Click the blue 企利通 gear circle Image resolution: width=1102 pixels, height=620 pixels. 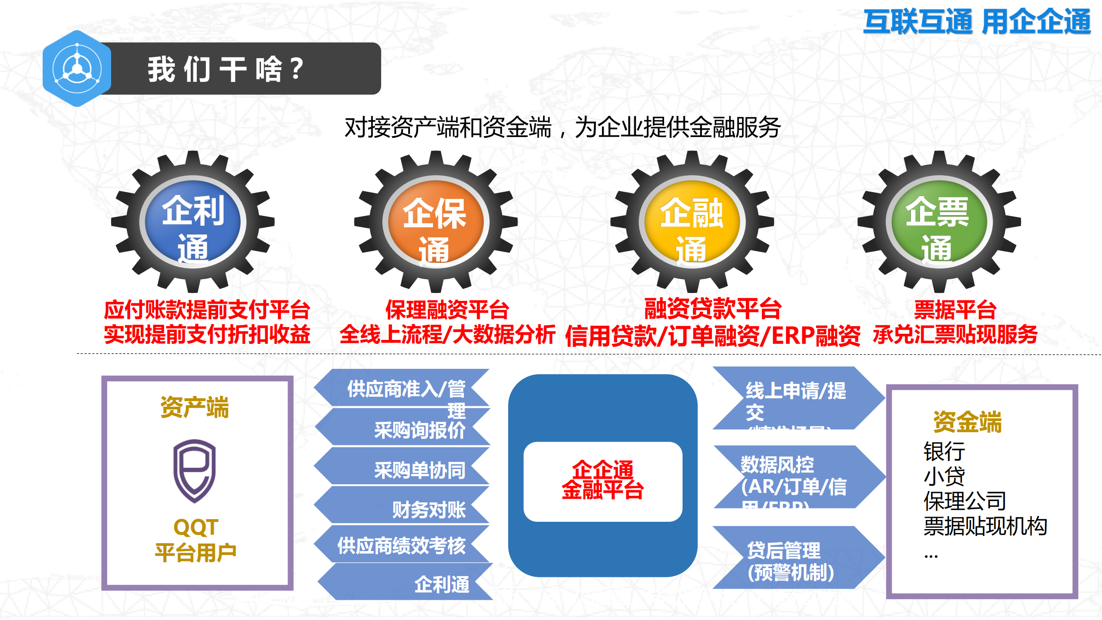pyautogui.click(x=192, y=222)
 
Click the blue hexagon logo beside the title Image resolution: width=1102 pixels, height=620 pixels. pyautogui.click(x=77, y=69)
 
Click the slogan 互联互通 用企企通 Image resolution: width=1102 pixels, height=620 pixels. pyautogui.click(x=976, y=22)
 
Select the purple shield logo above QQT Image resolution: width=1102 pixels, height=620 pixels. pyautogui.click(x=194, y=470)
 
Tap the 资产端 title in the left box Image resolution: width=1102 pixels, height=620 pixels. pyautogui.click(x=194, y=407)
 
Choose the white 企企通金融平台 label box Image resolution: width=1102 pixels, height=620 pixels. pyautogui.click(x=602, y=481)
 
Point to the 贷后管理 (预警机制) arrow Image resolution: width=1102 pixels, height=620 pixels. pyautogui.click(x=792, y=560)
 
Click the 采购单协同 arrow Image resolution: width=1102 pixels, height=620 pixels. pyautogui.click(x=405, y=469)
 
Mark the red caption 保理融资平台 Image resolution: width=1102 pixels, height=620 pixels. pyautogui.click(x=447, y=309)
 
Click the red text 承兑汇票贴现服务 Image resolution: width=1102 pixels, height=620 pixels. pyautogui.click(x=955, y=334)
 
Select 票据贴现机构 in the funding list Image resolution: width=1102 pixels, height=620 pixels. pyautogui.click(x=985, y=526)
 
